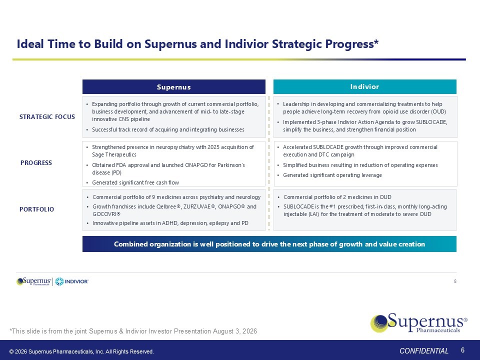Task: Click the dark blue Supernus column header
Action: pos(173,86)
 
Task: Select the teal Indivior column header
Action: pos(364,86)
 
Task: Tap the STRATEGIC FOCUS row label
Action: pos(47,116)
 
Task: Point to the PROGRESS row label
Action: pos(36,163)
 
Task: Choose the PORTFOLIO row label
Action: pos(36,209)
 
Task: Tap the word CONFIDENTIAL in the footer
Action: pos(423,351)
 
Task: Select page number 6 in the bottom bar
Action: pos(462,350)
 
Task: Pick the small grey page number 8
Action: pos(455,281)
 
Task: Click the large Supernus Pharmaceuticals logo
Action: pos(419,322)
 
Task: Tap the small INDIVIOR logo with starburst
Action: pos(71,281)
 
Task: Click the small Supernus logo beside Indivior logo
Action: pos(34,281)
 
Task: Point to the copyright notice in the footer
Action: pos(81,351)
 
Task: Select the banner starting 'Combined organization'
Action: pos(269,244)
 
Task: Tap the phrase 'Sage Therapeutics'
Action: pos(114,154)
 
